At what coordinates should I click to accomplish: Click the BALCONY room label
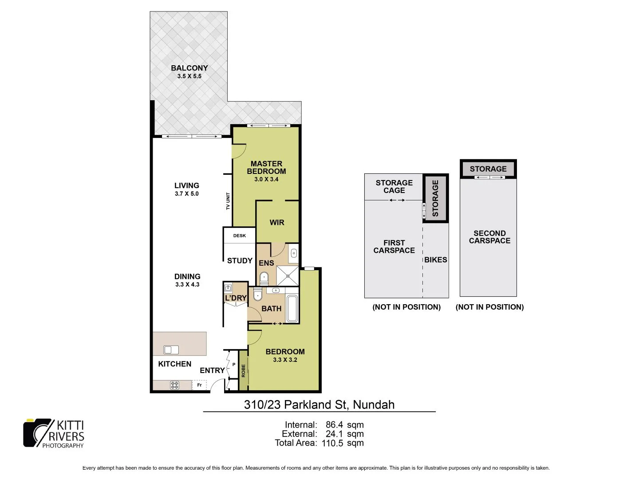(x=189, y=68)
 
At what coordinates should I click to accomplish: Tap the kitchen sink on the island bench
(x=171, y=350)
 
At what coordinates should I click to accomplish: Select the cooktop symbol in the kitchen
(x=174, y=385)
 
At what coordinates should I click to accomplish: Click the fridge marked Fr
(x=199, y=385)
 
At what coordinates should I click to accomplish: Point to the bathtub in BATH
(x=292, y=308)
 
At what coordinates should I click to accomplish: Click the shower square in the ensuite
(x=288, y=276)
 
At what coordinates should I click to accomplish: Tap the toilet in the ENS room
(x=264, y=279)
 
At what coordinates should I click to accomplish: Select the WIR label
(x=277, y=223)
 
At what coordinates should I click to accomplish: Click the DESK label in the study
(x=240, y=236)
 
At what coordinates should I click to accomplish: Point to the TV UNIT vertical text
(x=228, y=201)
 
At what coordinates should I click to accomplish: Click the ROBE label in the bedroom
(x=243, y=371)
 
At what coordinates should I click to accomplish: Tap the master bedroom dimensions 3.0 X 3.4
(x=266, y=179)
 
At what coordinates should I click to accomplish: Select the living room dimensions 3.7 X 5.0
(x=187, y=194)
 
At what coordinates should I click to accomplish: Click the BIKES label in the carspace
(x=435, y=260)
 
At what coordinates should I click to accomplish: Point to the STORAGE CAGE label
(x=394, y=186)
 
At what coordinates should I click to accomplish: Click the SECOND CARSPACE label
(x=489, y=237)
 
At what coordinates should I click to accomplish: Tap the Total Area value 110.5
(x=332, y=443)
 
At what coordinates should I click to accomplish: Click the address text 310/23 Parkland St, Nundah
(x=319, y=404)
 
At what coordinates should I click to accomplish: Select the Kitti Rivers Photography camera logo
(x=38, y=433)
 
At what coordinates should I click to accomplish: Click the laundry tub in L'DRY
(x=229, y=287)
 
